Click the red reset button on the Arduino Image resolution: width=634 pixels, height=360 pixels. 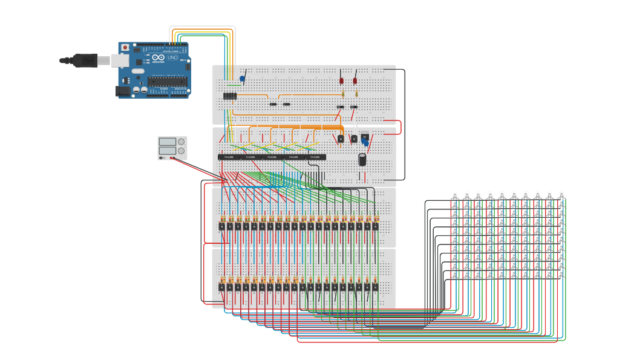point(125,47)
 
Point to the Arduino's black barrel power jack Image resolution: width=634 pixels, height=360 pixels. point(123,91)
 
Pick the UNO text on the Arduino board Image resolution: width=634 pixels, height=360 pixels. point(172,57)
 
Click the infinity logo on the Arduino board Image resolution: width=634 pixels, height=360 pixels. point(158,57)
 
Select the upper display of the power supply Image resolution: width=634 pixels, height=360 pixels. point(168,142)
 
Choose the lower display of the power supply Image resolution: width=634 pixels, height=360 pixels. point(168,150)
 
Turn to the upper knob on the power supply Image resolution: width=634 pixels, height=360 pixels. point(181,142)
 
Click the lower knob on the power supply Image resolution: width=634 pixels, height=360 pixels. point(181,151)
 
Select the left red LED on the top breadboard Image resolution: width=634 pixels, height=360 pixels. point(341,80)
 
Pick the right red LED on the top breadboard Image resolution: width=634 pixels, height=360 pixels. point(355,80)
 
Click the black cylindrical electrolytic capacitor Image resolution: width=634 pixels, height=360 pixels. point(362,159)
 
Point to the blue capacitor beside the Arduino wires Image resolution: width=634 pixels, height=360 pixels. point(242,79)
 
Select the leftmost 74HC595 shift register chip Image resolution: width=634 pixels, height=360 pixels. point(229,157)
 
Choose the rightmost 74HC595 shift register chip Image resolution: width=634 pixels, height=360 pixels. point(315,157)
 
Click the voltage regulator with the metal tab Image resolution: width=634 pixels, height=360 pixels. point(365,137)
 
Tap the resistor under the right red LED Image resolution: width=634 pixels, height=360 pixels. point(357,94)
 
